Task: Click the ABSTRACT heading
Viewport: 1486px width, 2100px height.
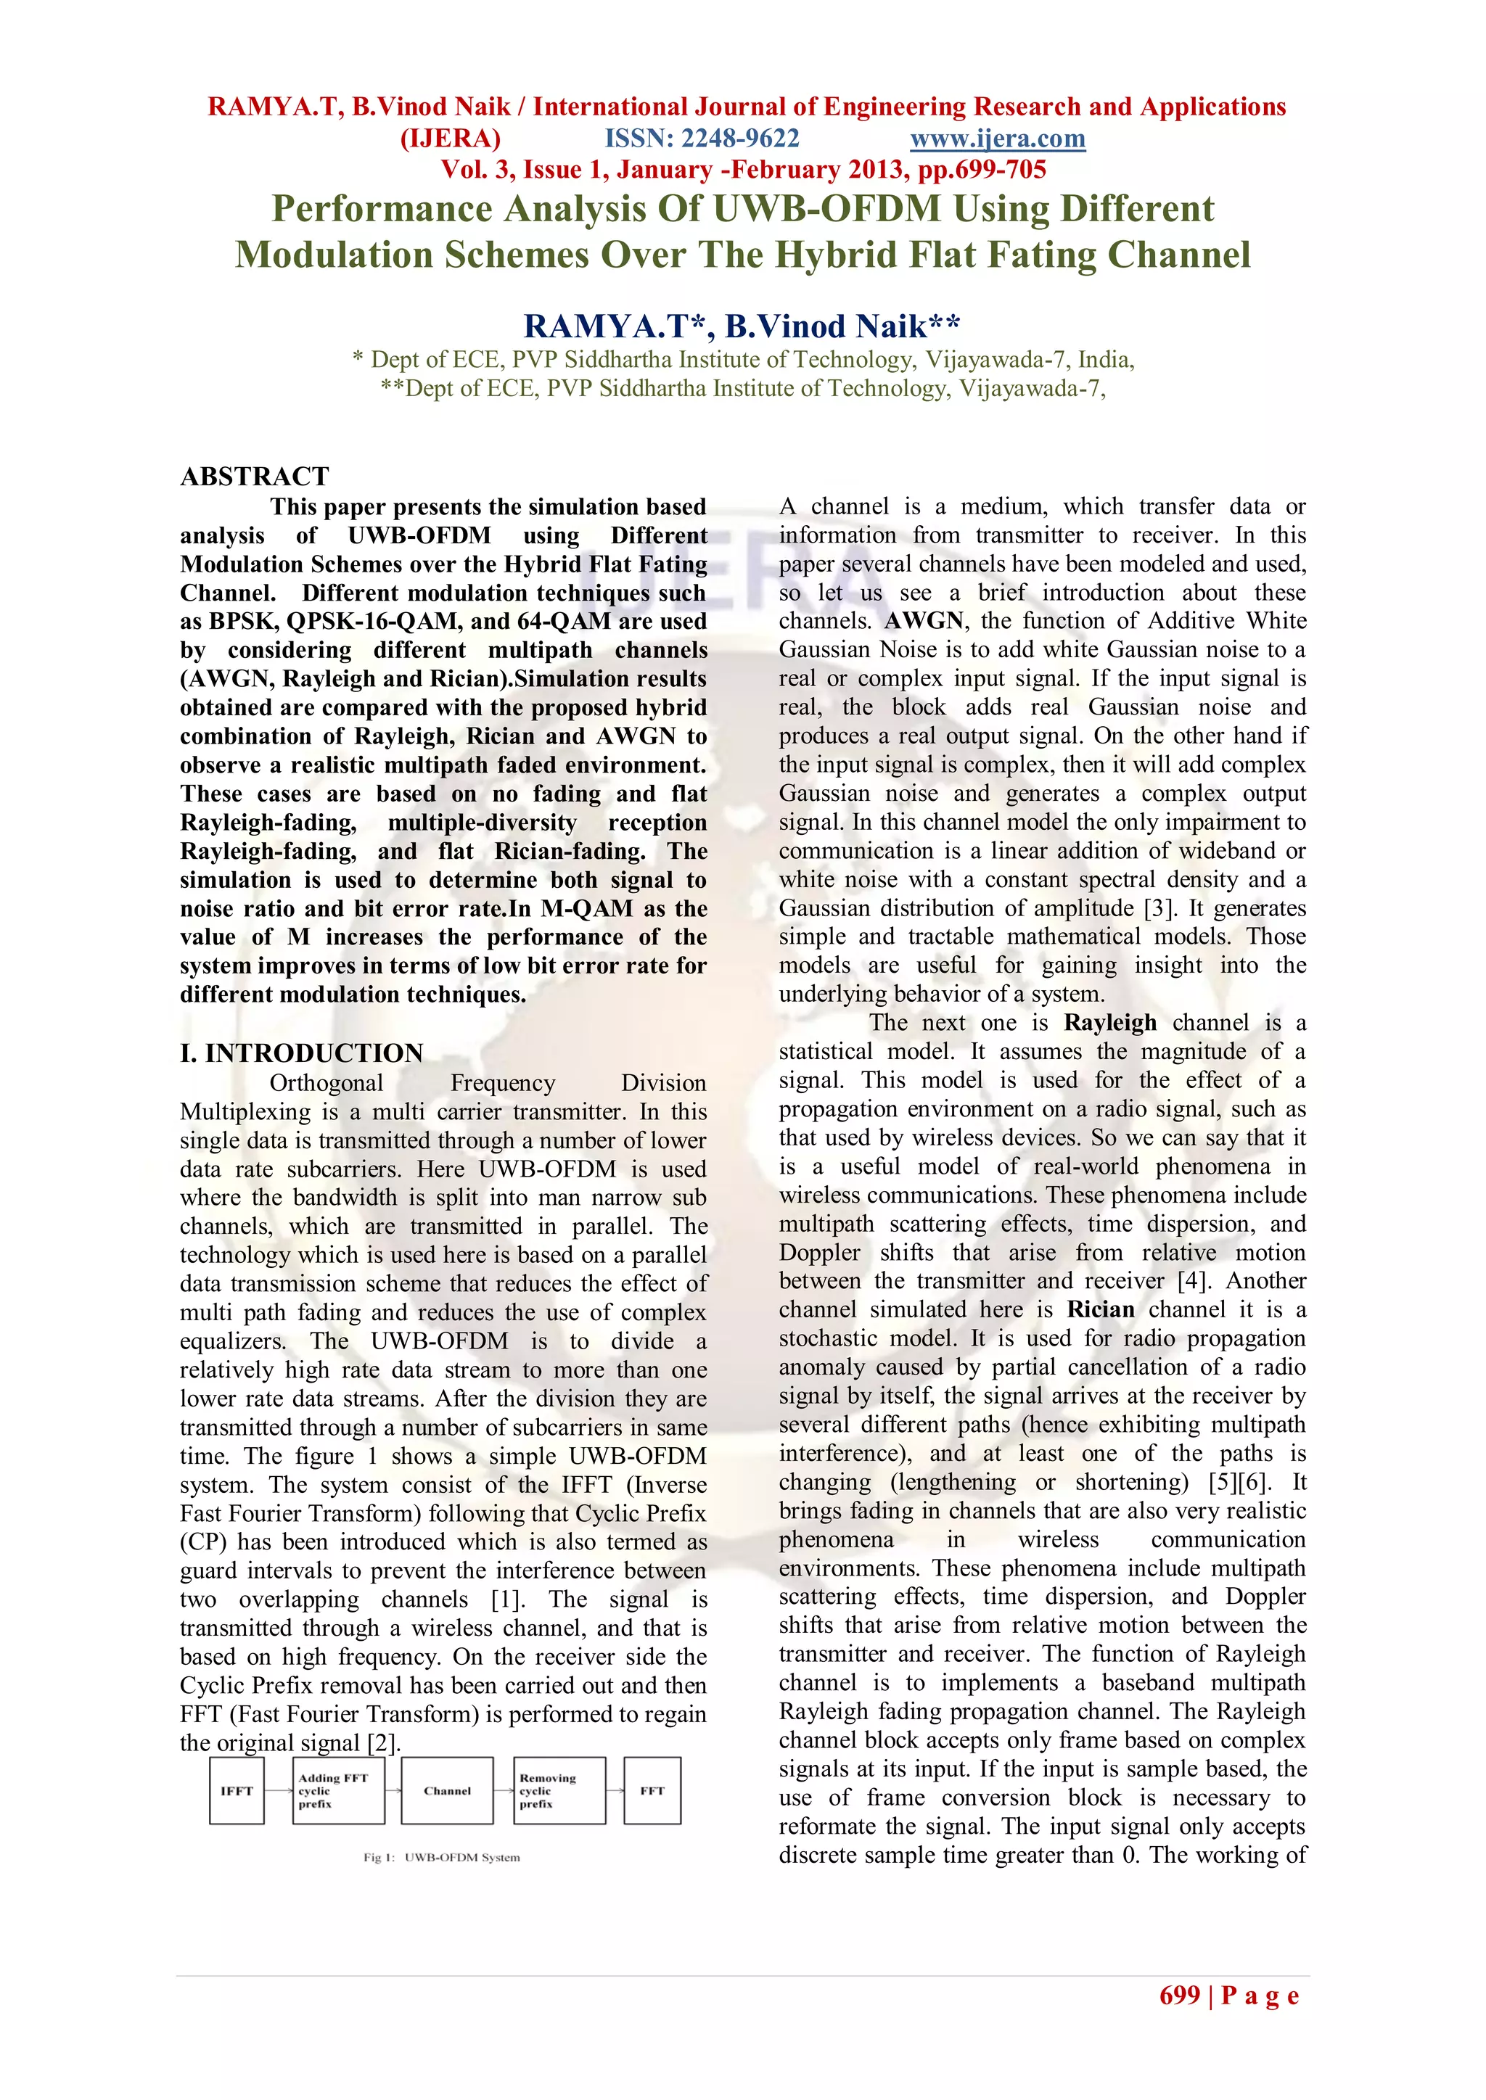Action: coord(255,477)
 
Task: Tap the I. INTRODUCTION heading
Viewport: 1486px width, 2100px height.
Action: coord(301,1053)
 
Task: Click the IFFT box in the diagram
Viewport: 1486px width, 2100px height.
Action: coord(236,1791)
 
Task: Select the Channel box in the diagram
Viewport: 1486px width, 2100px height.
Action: coord(446,1791)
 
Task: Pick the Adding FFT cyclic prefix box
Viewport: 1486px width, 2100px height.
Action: coord(337,1791)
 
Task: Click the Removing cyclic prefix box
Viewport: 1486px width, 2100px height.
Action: coord(558,1791)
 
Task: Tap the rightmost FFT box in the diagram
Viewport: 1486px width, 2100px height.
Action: coord(652,1791)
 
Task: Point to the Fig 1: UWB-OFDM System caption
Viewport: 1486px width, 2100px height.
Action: coord(442,1858)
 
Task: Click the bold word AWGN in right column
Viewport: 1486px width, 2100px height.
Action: coord(924,621)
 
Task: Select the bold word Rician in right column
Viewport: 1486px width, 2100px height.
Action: coord(1100,1310)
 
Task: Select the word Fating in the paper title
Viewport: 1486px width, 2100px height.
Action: coord(1046,255)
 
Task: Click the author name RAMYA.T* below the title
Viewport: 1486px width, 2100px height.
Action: coord(618,326)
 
